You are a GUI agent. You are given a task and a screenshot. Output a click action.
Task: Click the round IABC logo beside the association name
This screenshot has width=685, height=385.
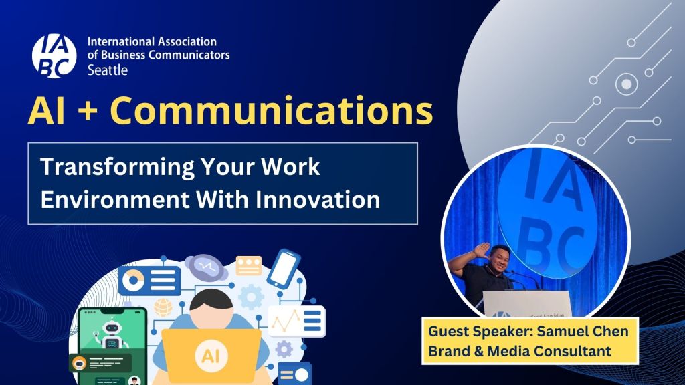tap(54, 56)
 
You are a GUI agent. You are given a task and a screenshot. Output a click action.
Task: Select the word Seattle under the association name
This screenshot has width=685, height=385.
tap(108, 70)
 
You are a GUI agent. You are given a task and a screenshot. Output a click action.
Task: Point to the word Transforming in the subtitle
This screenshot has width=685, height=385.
tap(116, 168)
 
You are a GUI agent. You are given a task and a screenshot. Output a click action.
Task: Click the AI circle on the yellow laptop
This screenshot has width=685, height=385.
tap(211, 356)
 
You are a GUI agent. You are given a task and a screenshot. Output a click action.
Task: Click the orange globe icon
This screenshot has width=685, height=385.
tap(163, 307)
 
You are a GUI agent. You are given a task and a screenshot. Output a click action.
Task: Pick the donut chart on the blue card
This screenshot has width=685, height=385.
tap(134, 280)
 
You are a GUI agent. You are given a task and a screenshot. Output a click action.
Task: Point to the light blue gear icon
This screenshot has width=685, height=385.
tap(252, 297)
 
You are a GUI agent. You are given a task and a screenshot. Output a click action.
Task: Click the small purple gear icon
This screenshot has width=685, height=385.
tap(284, 349)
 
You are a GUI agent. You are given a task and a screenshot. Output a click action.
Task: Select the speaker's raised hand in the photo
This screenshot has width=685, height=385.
tap(480, 251)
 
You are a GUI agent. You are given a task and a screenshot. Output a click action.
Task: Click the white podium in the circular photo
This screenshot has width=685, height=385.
tap(527, 303)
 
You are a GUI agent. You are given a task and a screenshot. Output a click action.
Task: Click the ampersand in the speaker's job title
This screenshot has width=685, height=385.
tap(478, 351)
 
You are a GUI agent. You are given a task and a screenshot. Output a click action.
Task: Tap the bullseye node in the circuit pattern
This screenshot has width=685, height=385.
tap(626, 84)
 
